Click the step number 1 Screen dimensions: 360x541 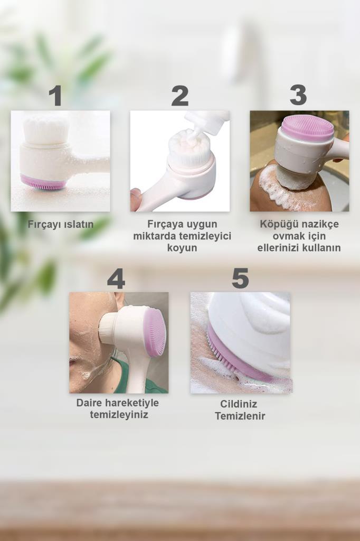tap(56, 96)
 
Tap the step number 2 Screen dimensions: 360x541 tap(180, 96)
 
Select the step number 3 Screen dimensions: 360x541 tap(298, 95)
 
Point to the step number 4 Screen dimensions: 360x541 tap(116, 278)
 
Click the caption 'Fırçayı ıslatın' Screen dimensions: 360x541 tap(61, 224)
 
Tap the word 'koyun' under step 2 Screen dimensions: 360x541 tap(182, 248)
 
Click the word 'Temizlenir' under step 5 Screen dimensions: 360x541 tap(240, 416)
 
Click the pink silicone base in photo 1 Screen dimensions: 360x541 tap(43, 182)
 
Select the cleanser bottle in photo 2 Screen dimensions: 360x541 tap(207, 123)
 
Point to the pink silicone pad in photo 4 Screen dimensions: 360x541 tap(156, 332)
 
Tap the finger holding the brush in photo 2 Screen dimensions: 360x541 tap(136, 199)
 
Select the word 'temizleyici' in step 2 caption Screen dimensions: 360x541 tap(206, 236)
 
